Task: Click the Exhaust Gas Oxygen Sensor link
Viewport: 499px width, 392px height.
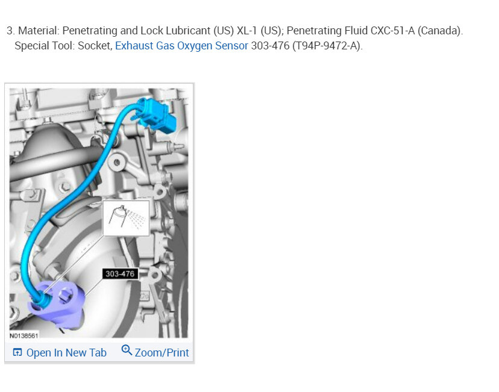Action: [181, 46]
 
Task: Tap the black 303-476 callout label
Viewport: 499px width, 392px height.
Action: [120, 274]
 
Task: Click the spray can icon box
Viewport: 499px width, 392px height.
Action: [127, 218]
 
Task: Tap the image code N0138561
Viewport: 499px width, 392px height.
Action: [24, 336]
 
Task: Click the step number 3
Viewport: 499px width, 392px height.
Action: [10, 31]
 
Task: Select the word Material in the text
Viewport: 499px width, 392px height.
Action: [39, 31]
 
